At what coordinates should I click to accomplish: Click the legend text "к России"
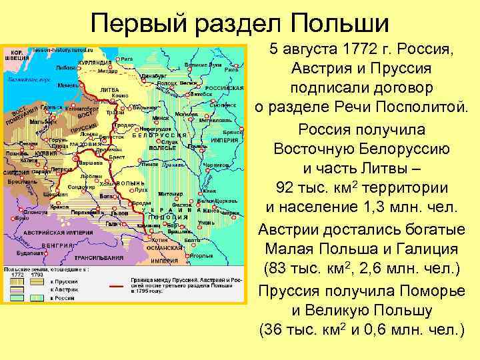[64, 299]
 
